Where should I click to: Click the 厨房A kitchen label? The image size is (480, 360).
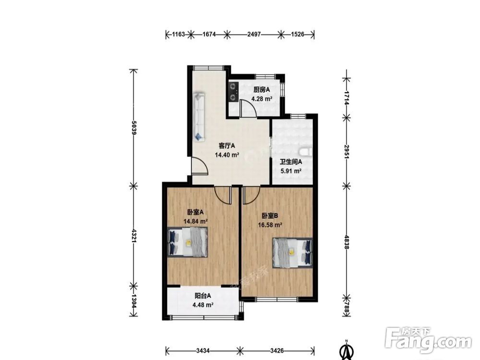(262, 90)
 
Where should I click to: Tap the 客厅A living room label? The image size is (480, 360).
(227, 145)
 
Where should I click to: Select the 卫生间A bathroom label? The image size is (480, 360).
(291, 162)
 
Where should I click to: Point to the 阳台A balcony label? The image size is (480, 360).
(203, 296)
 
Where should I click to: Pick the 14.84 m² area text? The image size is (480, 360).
(195, 221)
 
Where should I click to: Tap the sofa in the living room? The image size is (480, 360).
(199, 117)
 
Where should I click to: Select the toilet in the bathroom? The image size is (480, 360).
(305, 152)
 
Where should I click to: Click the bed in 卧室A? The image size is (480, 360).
(188, 242)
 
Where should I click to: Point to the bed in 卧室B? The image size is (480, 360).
(293, 252)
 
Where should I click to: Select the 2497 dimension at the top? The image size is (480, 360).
(254, 34)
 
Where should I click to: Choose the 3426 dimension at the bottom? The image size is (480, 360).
(277, 350)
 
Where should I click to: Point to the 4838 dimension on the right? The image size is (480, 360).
(347, 242)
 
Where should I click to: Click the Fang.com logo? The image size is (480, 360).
(428, 340)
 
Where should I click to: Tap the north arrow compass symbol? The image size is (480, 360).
(346, 350)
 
